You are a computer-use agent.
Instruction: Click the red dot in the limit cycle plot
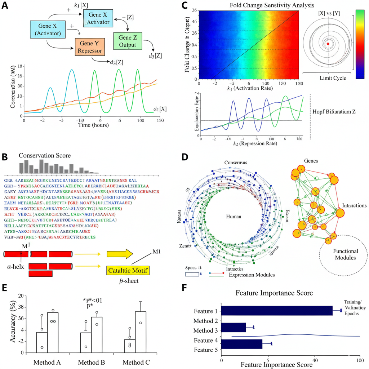point(328,44)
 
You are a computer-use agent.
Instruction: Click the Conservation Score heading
point(45,155)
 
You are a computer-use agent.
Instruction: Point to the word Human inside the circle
point(233,217)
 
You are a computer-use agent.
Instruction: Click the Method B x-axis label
point(92,362)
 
